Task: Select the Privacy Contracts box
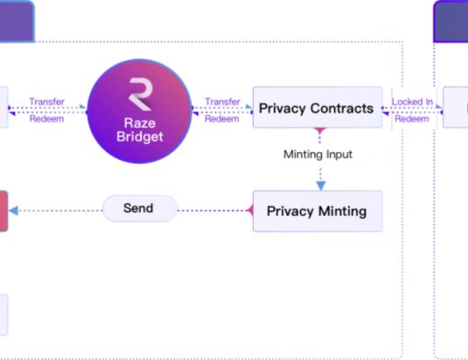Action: pos(316,109)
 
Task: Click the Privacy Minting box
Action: pos(317,211)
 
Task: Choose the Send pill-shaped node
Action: pos(138,209)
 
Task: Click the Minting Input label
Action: pos(318,154)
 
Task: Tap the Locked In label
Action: pos(412,103)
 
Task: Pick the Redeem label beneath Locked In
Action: pos(412,119)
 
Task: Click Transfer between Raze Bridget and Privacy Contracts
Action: pos(222,103)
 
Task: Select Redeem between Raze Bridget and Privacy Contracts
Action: pos(222,119)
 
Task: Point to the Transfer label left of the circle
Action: pos(47,103)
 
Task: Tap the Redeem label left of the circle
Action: pos(47,119)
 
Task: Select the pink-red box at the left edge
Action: pos(4,211)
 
